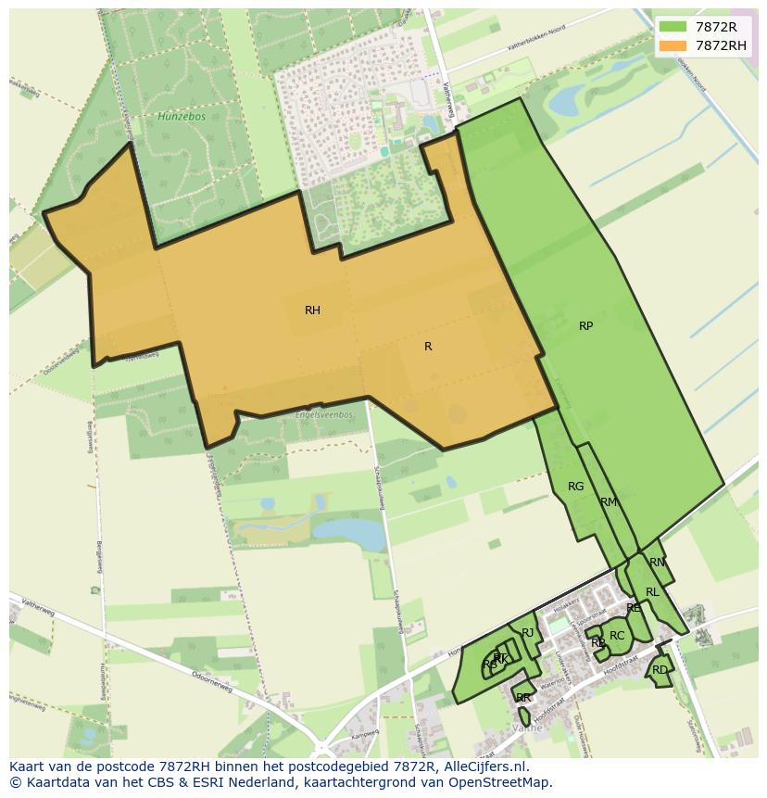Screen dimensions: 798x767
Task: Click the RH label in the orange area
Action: [312, 310]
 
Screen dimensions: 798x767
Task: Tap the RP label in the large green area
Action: [585, 326]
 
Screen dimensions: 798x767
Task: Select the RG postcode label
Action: [575, 487]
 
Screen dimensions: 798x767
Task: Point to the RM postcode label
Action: [608, 502]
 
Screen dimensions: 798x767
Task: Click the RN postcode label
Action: [657, 563]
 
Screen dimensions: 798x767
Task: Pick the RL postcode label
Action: [652, 592]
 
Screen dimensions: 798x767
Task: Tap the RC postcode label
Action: [617, 636]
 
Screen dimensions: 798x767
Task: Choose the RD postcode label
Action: [660, 670]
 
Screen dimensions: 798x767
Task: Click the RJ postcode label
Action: [528, 633]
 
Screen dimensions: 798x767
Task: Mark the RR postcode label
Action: [523, 698]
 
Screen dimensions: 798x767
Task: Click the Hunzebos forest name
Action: [174, 117]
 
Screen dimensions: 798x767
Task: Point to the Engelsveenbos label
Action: [323, 414]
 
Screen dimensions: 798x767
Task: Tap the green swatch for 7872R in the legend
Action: [673, 27]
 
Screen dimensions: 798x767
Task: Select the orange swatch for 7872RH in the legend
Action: [673, 45]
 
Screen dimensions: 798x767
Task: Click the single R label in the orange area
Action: [428, 347]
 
